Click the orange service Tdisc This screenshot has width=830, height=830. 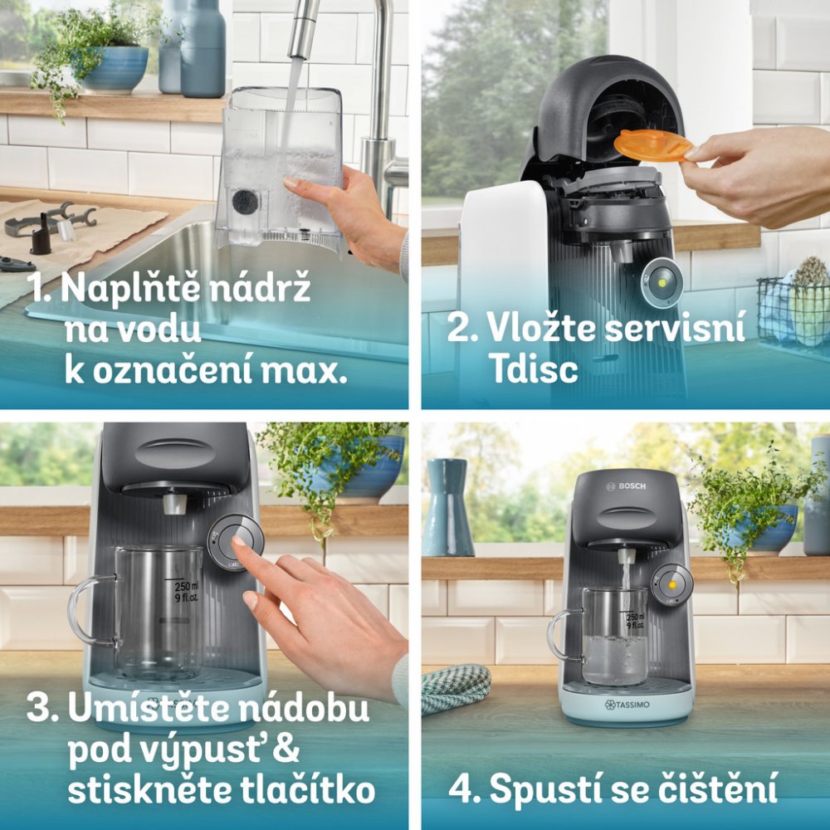[x=653, y=145]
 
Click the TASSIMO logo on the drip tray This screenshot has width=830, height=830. [x=627, y=705]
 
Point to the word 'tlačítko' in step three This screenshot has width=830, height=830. [x=308, y=790]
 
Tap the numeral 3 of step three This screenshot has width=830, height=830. [x=39, y=708]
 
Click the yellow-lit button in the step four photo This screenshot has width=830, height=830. [x=671, y=585]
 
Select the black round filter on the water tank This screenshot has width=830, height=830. [x=245, y=202]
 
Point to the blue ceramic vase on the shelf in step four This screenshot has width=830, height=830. [x=448, y=506]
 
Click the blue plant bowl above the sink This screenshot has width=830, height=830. [x=115, y=68]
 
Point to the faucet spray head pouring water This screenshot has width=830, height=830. [x=303, y=29]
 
